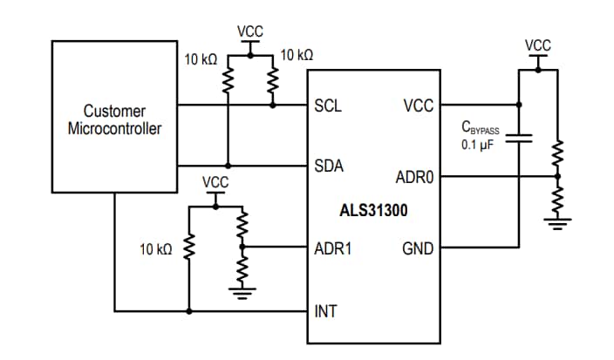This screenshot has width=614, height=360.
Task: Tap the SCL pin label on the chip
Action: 327,106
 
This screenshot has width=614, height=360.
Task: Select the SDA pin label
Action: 327,166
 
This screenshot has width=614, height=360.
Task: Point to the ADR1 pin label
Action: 331,248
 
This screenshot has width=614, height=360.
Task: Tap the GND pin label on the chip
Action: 417,248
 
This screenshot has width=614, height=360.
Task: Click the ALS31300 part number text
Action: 372,210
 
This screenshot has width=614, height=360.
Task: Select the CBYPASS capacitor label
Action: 481,128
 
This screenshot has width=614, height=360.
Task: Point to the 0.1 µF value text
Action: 479,144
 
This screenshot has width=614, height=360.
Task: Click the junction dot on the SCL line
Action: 272,106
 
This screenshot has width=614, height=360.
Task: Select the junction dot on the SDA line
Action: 228,166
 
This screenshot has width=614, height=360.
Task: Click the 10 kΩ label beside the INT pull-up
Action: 156,249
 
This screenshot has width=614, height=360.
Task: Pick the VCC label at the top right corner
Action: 538,44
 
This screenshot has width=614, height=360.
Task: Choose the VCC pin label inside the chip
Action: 418,106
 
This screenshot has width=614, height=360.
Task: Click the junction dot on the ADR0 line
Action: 556,177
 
